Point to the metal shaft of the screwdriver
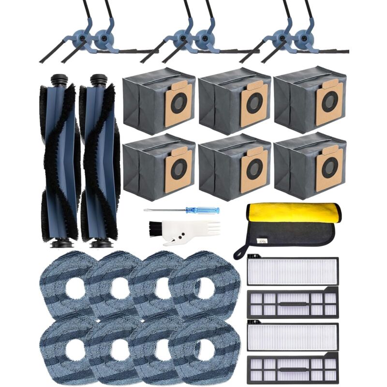(164, 210)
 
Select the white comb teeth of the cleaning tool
(203, 225)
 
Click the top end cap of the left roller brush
(59, 79)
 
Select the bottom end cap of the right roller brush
(101, 243)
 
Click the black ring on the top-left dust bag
(179, 103)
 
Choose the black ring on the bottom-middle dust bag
(254, 169)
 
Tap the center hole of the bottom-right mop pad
(204, 349)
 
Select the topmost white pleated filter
(292, 271)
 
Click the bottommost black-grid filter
(292, 370)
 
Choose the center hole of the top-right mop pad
(204, 288)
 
